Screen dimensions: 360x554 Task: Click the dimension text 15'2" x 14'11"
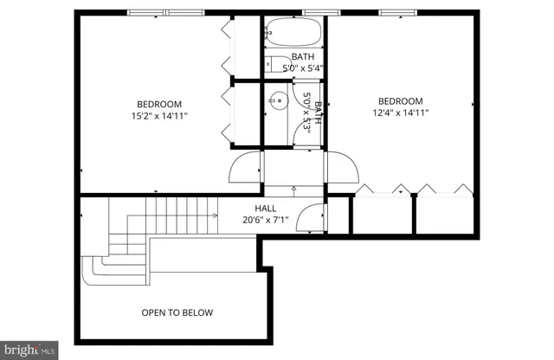(x=158, y=114)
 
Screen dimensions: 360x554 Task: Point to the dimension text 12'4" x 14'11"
(x=401, y=112)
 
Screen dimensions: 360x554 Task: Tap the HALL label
(x=266, y=209)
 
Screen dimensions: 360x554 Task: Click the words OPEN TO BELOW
(x=177, y=312)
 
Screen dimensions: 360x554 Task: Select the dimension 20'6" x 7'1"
(x=265, y=220)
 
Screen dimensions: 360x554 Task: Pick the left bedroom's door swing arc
(x=245, y=166)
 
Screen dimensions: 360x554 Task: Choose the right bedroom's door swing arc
(x=340, y=167)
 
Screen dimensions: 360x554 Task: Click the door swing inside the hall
(x=309, y=219)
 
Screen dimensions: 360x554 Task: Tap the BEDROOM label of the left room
(x=158, y=101)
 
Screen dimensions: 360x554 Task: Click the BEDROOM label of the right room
(x=401, y=100)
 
